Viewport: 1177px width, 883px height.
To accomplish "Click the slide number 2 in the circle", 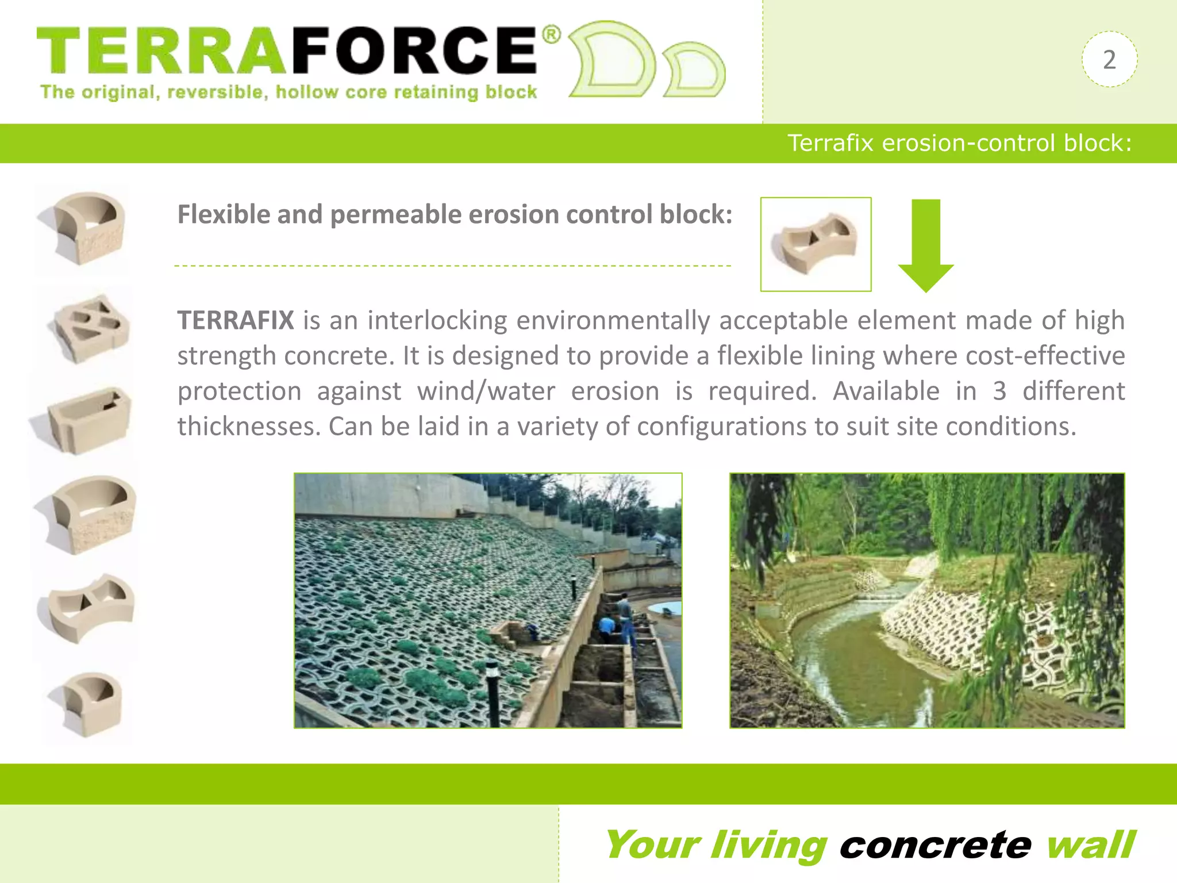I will (1109, 60).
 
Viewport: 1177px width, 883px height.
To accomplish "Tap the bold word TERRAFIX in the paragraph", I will (236, 320).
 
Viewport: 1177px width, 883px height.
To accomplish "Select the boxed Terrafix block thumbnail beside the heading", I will (816, 244).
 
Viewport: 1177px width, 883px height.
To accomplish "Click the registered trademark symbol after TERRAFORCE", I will (551, 35).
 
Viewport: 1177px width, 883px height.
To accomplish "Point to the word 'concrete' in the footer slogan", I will (935, 845).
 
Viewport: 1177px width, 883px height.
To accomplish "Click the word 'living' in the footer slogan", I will (768, 845).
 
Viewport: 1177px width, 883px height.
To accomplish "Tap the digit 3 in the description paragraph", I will (999, 391).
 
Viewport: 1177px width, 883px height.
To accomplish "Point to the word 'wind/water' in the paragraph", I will (486, 391).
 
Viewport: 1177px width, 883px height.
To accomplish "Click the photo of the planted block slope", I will (488, 600).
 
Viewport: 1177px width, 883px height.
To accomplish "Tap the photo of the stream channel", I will (927, 600).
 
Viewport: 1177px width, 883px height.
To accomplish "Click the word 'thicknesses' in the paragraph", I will (246, 427).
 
